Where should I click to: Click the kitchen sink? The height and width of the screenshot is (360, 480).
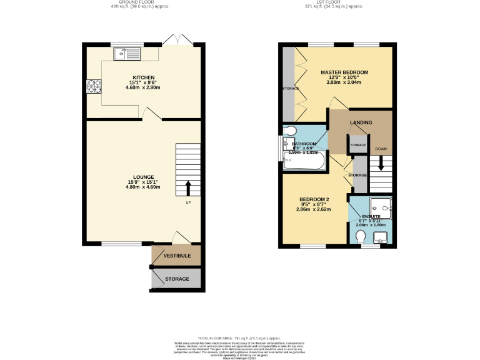tap(127, 54)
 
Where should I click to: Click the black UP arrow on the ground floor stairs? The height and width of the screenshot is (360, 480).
tap(189, 187)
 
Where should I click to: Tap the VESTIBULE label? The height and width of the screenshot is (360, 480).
tap(177, 256)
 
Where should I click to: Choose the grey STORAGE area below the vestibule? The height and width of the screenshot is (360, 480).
tap(176, 279)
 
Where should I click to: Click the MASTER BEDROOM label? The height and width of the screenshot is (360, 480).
tap(344, 72)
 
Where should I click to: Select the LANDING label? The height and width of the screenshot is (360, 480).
tap(361, 122)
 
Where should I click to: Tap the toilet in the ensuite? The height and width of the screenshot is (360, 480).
tap(361, 237)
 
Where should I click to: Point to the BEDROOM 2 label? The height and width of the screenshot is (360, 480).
tap(314, 199)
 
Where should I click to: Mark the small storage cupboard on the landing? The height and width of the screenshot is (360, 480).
tap(358, 144)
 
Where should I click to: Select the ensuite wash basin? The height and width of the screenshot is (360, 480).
tap(381, 237)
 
